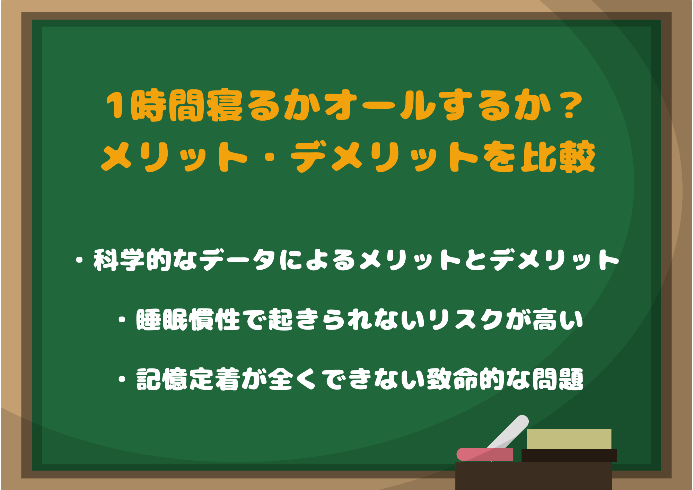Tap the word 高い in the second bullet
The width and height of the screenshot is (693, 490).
tap(558, 319)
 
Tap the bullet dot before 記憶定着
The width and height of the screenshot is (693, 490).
tap(122, 379)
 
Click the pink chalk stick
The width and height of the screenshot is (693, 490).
tap(485, 454)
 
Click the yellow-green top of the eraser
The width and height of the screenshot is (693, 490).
tap(569, 439)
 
